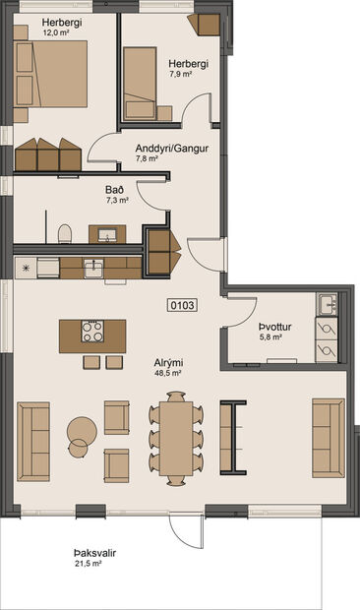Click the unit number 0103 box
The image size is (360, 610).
coord(183,305)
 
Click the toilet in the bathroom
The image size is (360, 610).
coord(66,233)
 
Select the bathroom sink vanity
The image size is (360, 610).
coord(107,234)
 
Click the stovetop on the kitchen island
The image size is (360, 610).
coord(93,332)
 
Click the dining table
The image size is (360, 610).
coord(178,438)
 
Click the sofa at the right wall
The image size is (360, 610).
coord(328,424)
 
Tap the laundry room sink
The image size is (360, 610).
coord(326,303)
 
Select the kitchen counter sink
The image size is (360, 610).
coord(93,267)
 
